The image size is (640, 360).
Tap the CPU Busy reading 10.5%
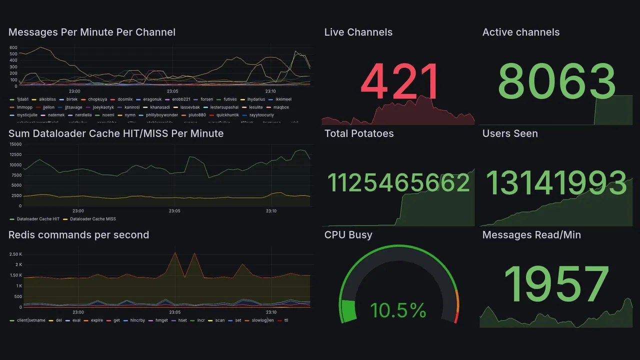point(398,310)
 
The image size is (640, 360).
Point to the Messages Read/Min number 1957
point(556,284)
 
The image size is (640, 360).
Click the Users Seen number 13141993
point(556,183)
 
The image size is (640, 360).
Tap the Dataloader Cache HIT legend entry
point(38,219)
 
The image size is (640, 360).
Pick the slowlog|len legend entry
point(261,320)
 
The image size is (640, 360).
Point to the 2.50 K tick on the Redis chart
point(15,254)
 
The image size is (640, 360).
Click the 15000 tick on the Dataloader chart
point(15,144)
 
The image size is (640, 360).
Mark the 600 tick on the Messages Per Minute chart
point(13,47)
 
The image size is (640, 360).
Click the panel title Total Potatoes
point(359,133)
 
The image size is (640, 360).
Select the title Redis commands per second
point(79,235)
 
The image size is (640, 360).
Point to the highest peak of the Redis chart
point(175,252)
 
